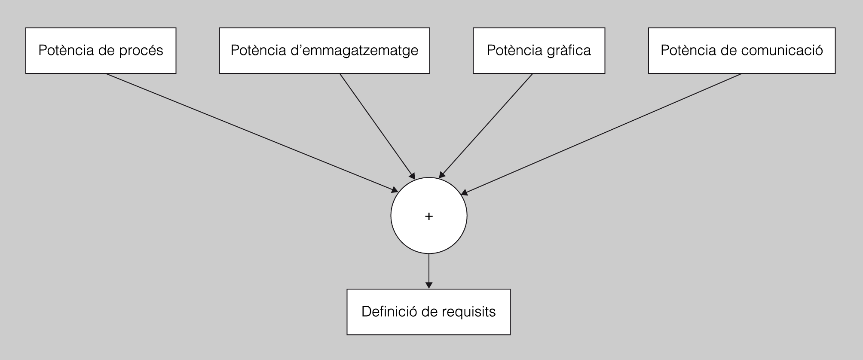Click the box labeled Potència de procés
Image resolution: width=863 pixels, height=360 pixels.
pyautogui.click(x=101, y=51)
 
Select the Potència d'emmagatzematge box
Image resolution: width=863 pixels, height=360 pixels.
pyautogui.click(x=324, y=51)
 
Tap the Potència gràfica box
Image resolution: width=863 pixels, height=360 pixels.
pyautogui.click(x=539, y=51)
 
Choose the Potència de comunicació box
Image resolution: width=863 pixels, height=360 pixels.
pyautogui.click(x=742, y=51)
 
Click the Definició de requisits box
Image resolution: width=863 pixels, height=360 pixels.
pyautogui.click(x=428, y=312)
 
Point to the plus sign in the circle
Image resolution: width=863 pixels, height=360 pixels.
pyautogui.click(x=428, y=216)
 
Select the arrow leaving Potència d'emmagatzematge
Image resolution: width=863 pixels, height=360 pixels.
pyautogui.click(x=377, y=125)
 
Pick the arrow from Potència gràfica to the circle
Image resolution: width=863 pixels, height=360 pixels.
pyautogui.click(x=486, y=125)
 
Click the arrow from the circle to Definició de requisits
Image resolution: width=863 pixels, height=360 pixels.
pyautogui.click(x=428, y=271)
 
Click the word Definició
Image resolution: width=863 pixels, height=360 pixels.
pyautogui.click(x=389, y=311)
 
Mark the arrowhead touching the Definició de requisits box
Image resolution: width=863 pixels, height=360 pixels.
pyautogui.click(x=428, y=285)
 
